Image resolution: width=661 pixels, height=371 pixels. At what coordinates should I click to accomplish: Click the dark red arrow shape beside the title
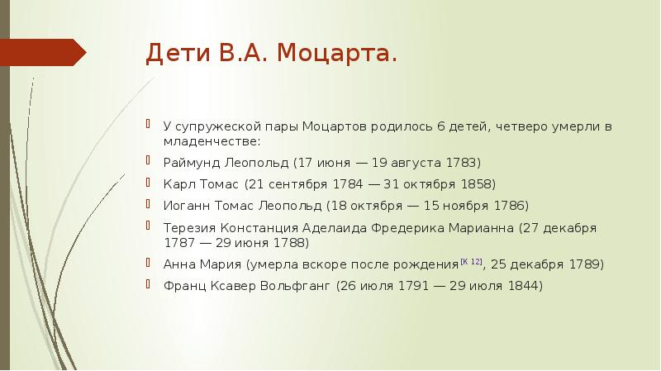pos(46,52)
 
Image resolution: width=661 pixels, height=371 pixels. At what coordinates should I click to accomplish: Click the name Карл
pos(178,183)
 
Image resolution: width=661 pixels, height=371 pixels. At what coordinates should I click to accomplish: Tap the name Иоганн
pos(185,205)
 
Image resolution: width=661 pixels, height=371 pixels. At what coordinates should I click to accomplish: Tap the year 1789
pos(586,265)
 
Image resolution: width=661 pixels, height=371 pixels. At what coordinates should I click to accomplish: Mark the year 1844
pos(521,287)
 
